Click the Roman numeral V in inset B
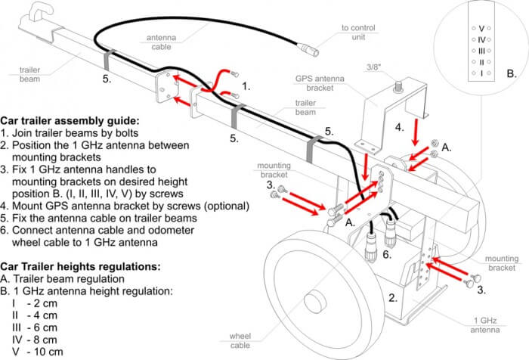(x=482, y=28)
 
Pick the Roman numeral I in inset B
(x=482, y=73)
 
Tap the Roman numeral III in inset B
(x=482, y=51)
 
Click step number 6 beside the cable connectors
(x=386, y=256)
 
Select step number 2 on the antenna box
(x=391, y=298)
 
